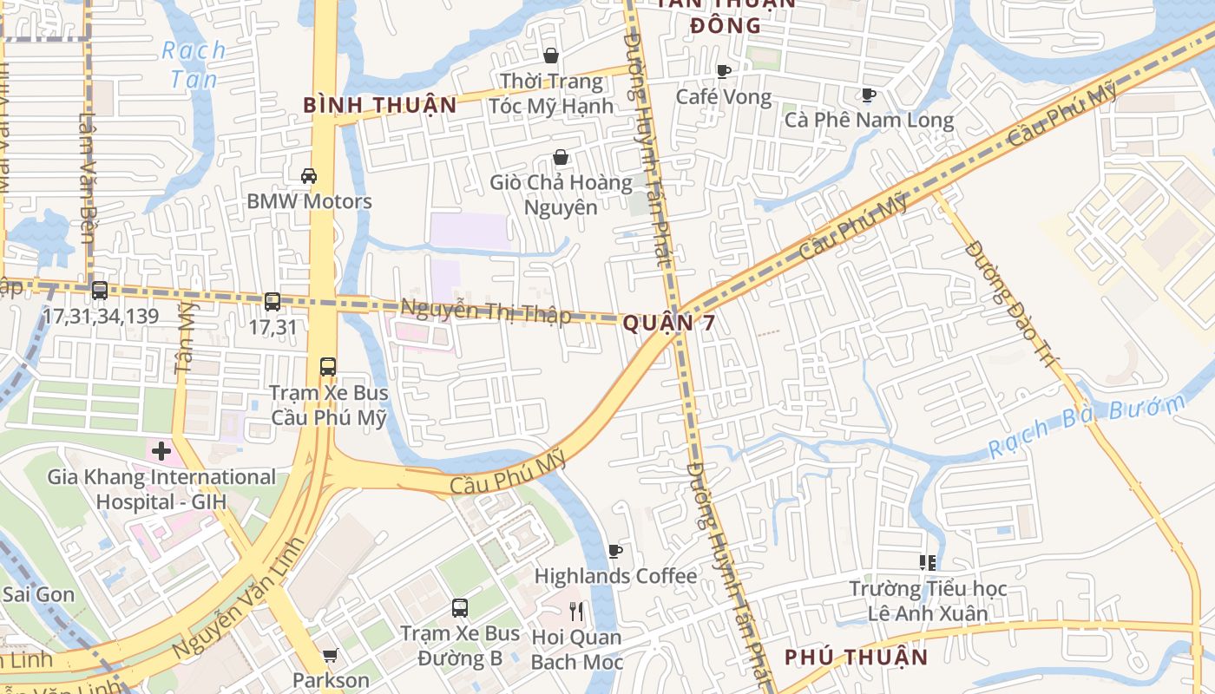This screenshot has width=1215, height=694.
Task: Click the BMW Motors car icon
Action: [x=308, y=176]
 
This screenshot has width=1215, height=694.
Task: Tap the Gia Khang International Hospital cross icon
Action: [x=161, y=451]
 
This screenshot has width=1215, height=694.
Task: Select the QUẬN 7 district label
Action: [x=670, y=324]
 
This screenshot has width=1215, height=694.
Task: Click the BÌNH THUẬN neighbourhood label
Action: [x=379, y=106]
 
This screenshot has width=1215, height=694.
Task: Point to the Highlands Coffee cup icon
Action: [x=615, y=551]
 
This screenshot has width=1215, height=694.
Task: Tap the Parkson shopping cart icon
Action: [x=330, y=657]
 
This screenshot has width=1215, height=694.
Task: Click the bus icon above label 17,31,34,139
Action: [x=100, y=291]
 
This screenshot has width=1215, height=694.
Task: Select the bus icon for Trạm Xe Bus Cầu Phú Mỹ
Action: [x=327, y=366]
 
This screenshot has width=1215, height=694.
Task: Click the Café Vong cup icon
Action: [x=724, y=72]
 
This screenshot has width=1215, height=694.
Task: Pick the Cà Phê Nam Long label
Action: [x=869, y=120]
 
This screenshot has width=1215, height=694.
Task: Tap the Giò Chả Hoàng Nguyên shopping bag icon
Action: [x=561, y=158]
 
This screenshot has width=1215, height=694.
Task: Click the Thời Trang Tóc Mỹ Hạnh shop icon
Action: [x=550, y=56]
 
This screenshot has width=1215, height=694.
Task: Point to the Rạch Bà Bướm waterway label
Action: [x=1088, y=427]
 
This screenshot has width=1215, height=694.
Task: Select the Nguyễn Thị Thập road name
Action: [x=485, y=311]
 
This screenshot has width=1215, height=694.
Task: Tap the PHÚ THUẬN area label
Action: [x=856, y=657]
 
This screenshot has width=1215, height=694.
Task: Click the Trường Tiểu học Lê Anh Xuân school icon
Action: [x=928, y=563]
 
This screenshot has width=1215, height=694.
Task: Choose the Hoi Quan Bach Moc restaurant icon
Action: [x=575, y=612]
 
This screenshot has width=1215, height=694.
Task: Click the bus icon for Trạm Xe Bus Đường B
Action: [x=460, y=608]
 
